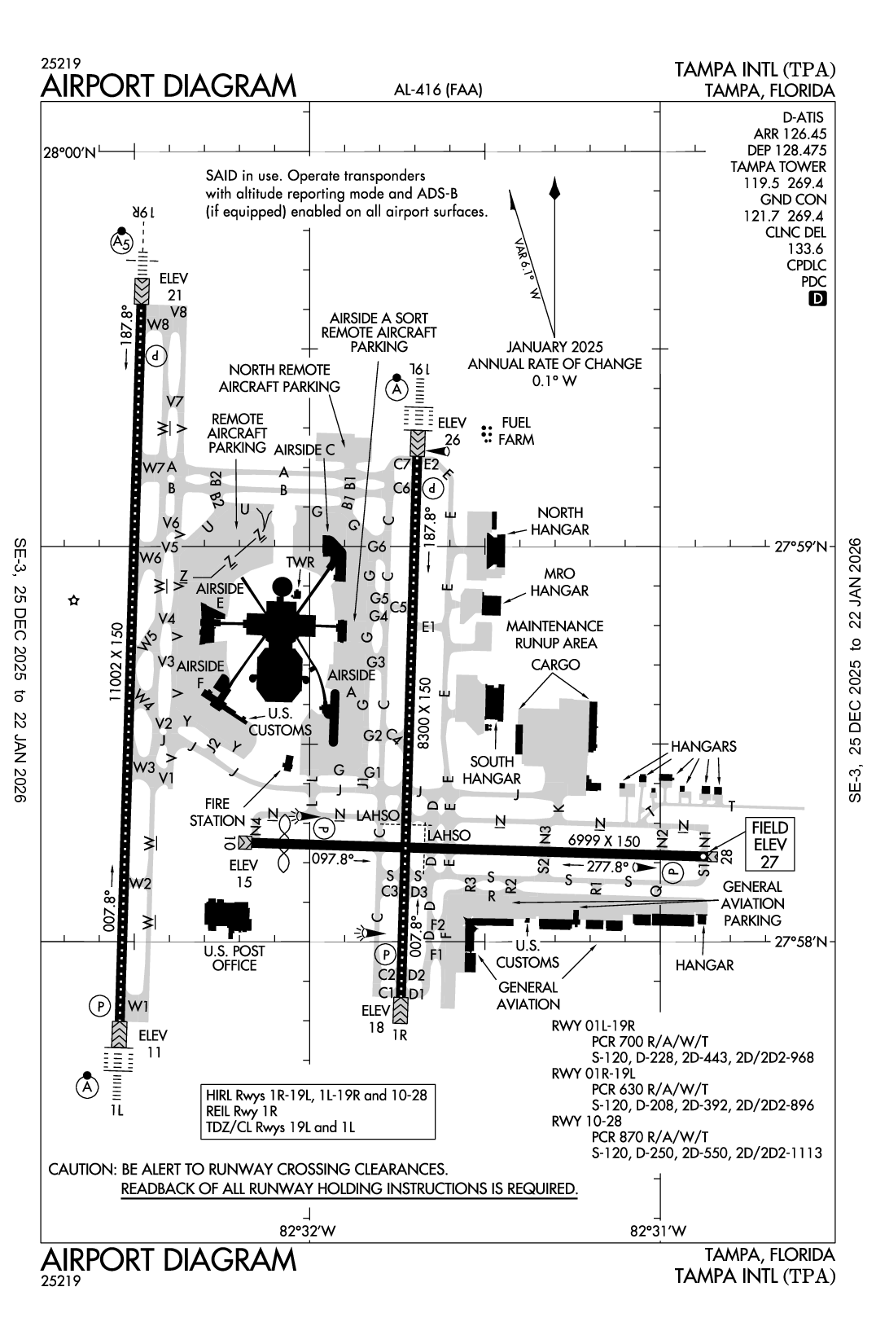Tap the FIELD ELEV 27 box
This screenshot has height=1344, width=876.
(x=770, y=845)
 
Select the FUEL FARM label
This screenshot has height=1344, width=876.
(x=516, y=431)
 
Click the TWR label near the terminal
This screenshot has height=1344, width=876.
(x=300, y=563)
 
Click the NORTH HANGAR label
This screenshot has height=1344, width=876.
(x=560, y=520)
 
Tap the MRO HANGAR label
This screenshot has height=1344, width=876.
(x=559, y=582)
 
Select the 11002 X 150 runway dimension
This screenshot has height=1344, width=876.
(x=116, y=661)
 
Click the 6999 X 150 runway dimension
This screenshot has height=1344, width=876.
(x=604, y=841)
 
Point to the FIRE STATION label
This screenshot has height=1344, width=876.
(x=217, y=812)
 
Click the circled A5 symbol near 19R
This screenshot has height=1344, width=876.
(x=121, y=242)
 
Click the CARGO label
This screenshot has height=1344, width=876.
(x=555, y=665)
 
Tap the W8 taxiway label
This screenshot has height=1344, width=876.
(x=158, y=325)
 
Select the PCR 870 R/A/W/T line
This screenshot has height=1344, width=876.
(x=650, y=1136)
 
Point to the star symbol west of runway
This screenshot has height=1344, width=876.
(x=73, y=601)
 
